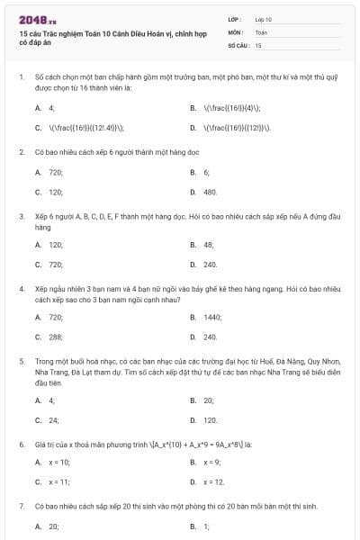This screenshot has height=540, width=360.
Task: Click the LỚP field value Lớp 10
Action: coord(264,18)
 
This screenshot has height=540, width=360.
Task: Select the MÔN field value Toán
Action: coord(260,31)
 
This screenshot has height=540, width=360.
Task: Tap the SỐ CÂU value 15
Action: coord(258,44)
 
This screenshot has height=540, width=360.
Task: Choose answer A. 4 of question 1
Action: coord(46,107)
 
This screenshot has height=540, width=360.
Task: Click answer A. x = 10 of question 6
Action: coord(53,462)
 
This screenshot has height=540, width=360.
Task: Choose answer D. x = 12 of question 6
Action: coord(208,481)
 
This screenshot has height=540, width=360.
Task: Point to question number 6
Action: coord(21,444)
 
